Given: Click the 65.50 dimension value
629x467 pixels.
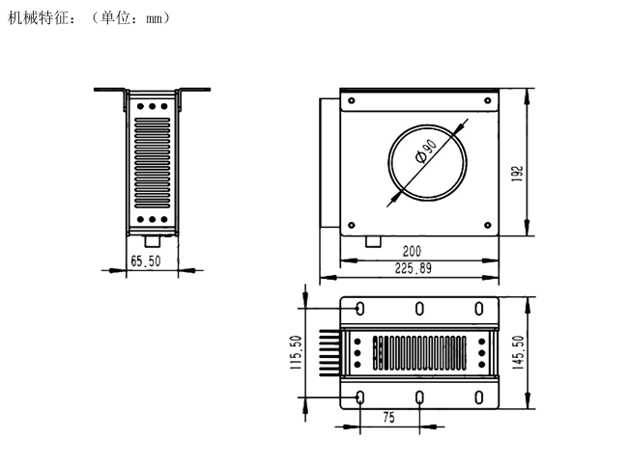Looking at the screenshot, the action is pos(146,261).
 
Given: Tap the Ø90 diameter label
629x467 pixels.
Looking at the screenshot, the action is pos(426,151).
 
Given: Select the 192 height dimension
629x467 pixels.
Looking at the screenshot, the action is pos(518,174).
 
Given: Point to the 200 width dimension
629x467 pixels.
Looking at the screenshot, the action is pos(412,251).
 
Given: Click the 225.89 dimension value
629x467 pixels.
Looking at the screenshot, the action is pos(414,268).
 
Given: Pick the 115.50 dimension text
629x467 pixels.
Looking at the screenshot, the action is pos(296,352).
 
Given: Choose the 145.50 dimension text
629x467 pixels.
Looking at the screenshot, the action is pos(518,352).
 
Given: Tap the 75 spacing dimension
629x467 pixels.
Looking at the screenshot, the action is pos(388,418).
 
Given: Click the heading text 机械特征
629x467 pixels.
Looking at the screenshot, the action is pos(38,18).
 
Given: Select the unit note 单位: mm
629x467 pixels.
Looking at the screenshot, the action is pos(131,18).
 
